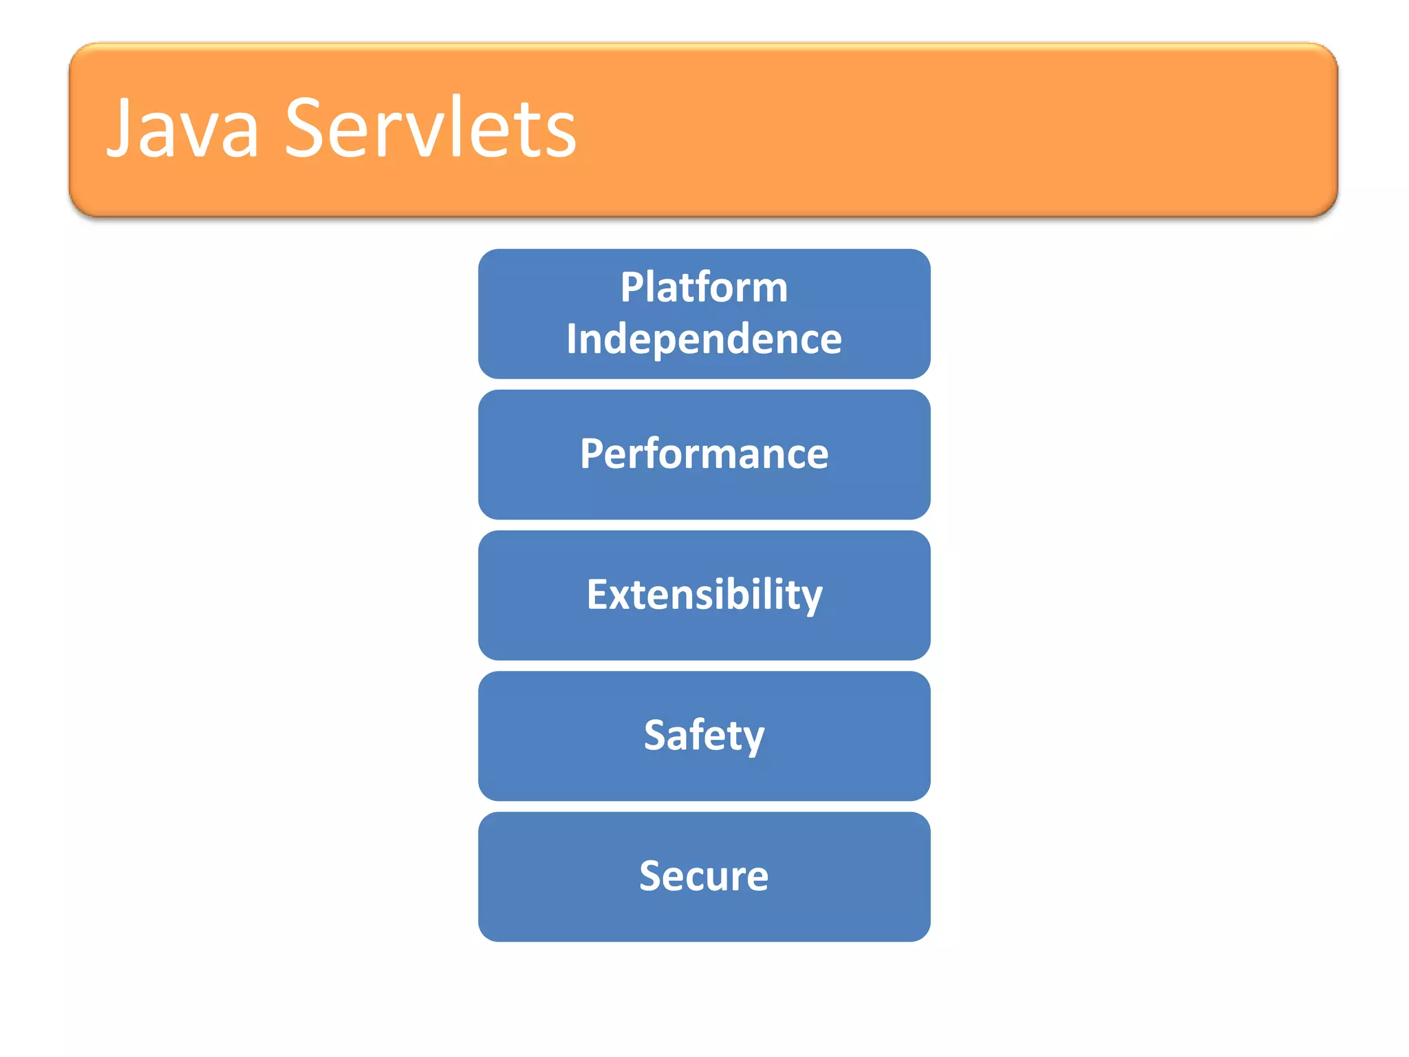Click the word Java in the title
[x=183, y=129]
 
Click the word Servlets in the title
[x=431, y=129]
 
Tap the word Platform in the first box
[x=704, y=287]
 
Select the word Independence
[x=704, y=339]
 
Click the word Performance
[x=704, y=454]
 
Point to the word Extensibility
[x=704, y=595]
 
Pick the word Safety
[x=704, y=736]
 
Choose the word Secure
[x=704, y=876]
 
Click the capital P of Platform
[x=632, y=287]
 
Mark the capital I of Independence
[x=572, y=339]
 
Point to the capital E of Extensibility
[x=598, y=594]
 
